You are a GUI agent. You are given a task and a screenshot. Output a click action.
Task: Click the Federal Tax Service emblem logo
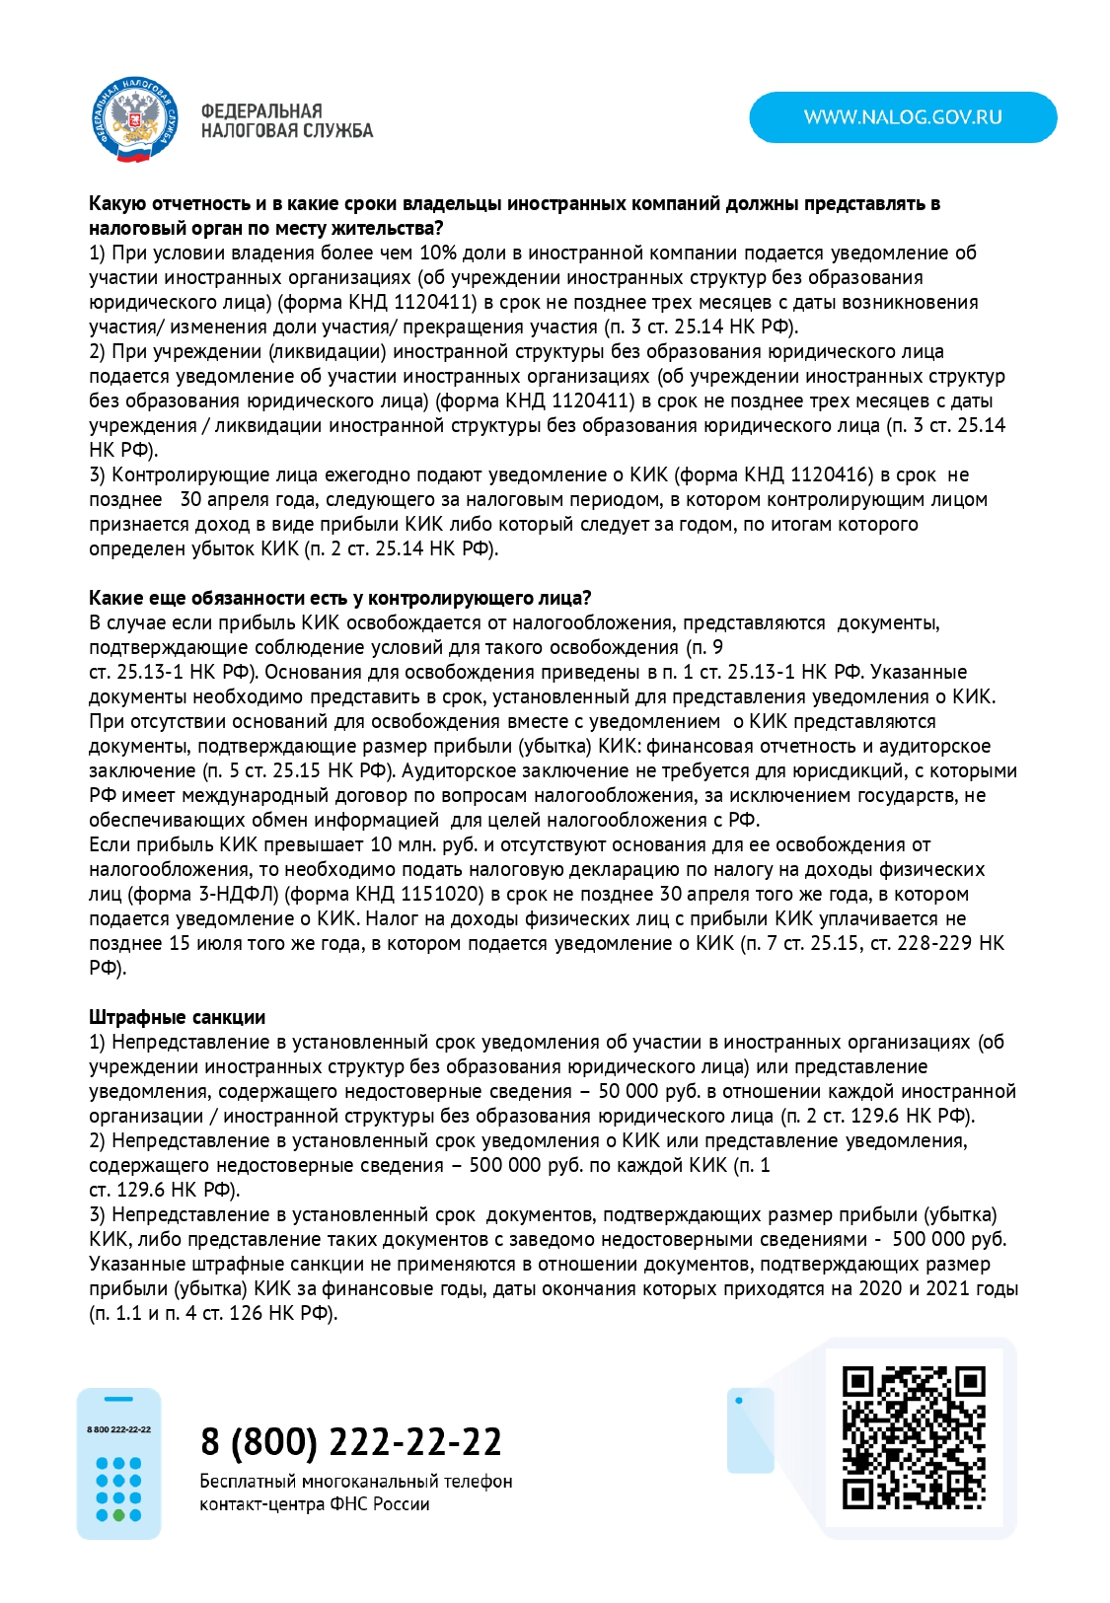click(132, 119)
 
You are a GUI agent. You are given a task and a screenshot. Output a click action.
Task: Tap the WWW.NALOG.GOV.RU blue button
click(903, 117)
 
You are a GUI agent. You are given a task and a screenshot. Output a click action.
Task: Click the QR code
click(914, 1436)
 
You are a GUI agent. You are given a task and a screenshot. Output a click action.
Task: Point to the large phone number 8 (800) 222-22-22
click(351, 1441)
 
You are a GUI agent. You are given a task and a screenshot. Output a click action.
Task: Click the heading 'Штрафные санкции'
click(177, 1017)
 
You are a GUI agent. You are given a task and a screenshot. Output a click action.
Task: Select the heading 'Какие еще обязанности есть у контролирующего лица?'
click(339, 598)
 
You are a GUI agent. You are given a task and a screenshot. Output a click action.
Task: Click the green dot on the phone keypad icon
click(119, 1514)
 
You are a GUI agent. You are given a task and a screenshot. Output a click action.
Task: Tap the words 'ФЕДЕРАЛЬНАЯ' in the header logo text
click(261, 110)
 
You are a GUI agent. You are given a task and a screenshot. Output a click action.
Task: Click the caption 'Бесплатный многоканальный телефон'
click(356, 1481)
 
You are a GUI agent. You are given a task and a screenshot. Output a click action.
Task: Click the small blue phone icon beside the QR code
click(750, 1430)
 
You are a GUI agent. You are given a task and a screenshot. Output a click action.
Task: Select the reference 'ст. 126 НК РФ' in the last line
click(267, 1313)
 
